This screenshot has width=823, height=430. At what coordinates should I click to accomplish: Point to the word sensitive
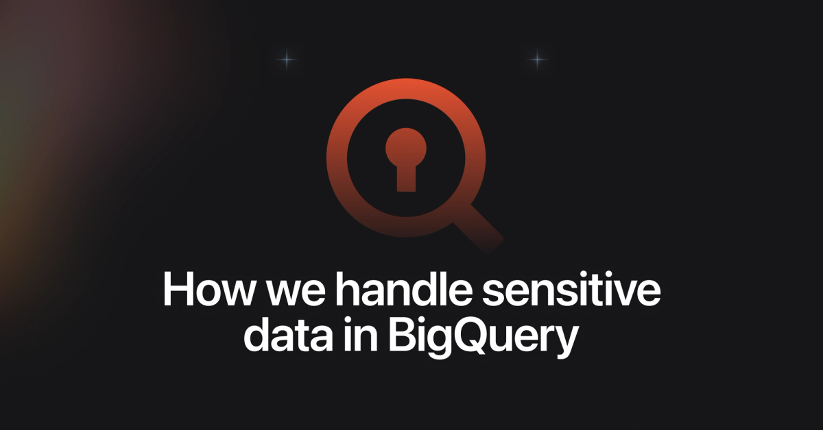560,291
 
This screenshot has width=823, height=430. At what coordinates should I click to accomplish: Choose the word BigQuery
480,339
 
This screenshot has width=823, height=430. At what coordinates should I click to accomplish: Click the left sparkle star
287,60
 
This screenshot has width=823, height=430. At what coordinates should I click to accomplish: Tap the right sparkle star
538,60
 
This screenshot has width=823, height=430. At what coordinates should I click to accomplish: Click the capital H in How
177,291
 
